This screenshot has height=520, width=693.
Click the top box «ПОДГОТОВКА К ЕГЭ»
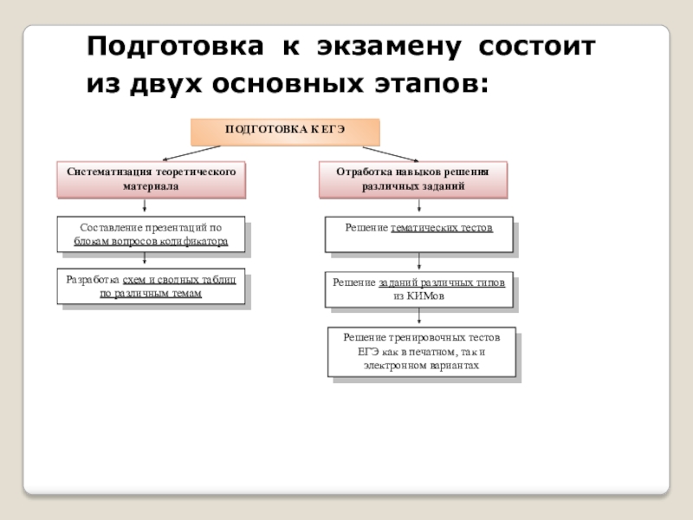pos(285,130)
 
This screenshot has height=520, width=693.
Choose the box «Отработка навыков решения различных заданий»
pos(412,179)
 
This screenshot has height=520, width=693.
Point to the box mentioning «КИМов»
pos(418,289)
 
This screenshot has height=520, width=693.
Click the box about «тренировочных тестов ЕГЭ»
pos(422,352)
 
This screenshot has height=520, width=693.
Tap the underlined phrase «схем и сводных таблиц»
pos(185,279)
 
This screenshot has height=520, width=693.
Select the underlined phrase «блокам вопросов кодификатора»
pos(151,242)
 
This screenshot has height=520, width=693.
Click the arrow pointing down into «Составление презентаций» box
pos(145,208)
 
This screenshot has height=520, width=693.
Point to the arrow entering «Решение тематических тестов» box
pos(420,208)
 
